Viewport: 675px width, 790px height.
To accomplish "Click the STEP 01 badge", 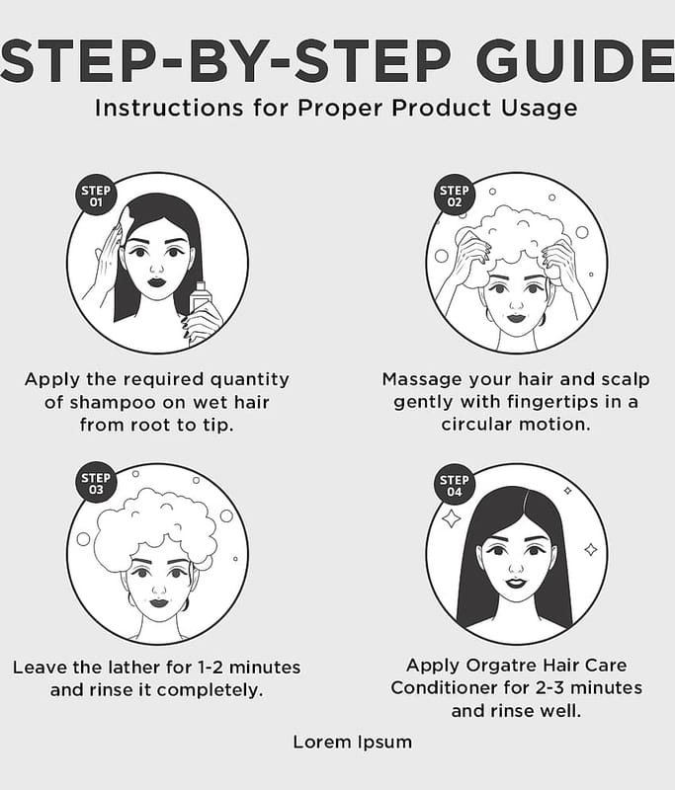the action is tap(96, 196).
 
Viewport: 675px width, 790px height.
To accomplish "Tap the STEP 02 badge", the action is tap(455, 196).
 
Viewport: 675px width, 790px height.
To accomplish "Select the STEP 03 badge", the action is tap(96, 483).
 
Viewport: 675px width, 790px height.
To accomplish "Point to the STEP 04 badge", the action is tap(455, 485).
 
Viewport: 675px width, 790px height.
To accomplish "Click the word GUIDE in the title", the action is tap(574, 61).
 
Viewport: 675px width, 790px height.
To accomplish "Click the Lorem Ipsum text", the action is tap(353, 743).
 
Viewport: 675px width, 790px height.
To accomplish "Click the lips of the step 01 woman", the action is tap(157, 281).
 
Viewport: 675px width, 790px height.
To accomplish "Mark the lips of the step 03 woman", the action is tap(158, 602).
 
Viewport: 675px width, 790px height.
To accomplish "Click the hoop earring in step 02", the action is tap(489, 314).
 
